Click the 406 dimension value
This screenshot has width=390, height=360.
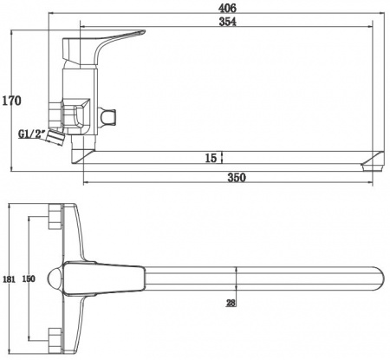227,8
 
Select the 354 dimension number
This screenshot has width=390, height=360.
227,22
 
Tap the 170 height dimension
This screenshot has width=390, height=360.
11,101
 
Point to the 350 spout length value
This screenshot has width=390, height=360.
237,177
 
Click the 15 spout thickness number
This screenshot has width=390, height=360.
211,158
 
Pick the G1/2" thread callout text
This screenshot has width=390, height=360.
32,134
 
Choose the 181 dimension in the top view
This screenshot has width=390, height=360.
9,279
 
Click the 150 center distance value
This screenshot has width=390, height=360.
29,278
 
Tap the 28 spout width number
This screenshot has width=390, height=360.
231,303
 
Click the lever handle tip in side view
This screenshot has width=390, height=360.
143,31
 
